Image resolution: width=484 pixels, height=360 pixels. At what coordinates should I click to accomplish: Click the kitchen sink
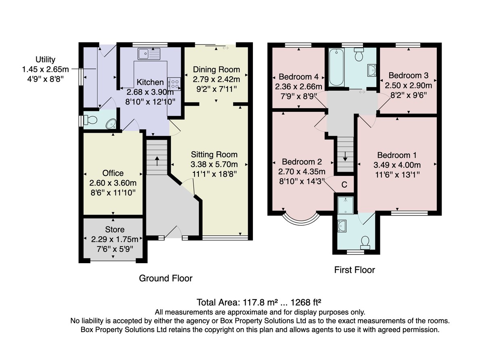pyautogui.click(x=149, y=54)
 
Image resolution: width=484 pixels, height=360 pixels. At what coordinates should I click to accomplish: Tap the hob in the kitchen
pyautogui.click(x=174, y=84)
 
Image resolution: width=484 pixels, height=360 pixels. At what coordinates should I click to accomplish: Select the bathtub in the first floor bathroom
pyautogui.click(x=336, y=67)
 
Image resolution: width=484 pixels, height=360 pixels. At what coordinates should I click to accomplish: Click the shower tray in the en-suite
pyautogui.click(x=346, y=205)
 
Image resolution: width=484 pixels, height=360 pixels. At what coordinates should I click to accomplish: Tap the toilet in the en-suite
pyautogui.click(x=365, y=243)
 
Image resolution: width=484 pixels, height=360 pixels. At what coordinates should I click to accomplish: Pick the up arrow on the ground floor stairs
pyautogui.click(x=157, y=161)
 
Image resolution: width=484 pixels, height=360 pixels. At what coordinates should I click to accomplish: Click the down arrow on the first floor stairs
pyautogui.click(x=345, y=156)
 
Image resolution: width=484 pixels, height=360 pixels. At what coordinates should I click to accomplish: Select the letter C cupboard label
pyautogui.click(x=344, y=185)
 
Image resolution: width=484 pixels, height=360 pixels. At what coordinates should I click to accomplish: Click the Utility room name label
pyautogui.click(x=46, y=59)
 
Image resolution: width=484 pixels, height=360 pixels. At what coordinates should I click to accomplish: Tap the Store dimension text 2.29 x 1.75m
pyautogui.click(x=115, y=239)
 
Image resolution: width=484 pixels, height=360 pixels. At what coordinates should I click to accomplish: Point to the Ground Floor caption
pyautogui.click(x=166, y=278)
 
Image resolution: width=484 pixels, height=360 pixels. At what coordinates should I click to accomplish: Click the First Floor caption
pyautogui.click(x=355, y=270)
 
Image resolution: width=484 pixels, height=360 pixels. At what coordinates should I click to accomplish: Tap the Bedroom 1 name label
pyautogui.click(x=397, y=155)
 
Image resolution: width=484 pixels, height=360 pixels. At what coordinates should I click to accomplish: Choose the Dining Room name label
pyautogui.click(x=217, y=69)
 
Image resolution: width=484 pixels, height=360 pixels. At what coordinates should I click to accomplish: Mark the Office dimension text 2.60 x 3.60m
pyautogui.click(x=113, y=183)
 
